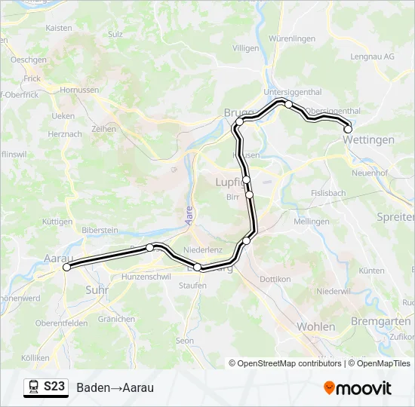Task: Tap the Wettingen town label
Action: click(x=368, y=140)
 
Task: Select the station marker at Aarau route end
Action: click(x=66, y=267)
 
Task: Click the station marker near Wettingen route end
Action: click(x=348, y=129)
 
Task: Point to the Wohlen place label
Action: click(x=316, y=326)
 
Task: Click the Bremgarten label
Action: click(x=386, y=321)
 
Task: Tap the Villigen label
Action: click(x=245, y=47)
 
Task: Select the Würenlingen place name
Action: click(x=292, y=38)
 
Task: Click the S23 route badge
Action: click(x=54, y=387)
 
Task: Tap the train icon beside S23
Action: click(x=34, y=387)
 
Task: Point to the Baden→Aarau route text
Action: click(x=115, y=387)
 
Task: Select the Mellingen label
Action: click(x=312, y=222)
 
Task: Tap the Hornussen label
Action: click(x=79, y=89)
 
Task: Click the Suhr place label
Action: click(x=97, y=289)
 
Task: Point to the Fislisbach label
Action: click(x=327, y=193)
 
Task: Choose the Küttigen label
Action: click(x=58, y=222)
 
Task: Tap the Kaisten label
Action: click(x=59, y=28)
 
